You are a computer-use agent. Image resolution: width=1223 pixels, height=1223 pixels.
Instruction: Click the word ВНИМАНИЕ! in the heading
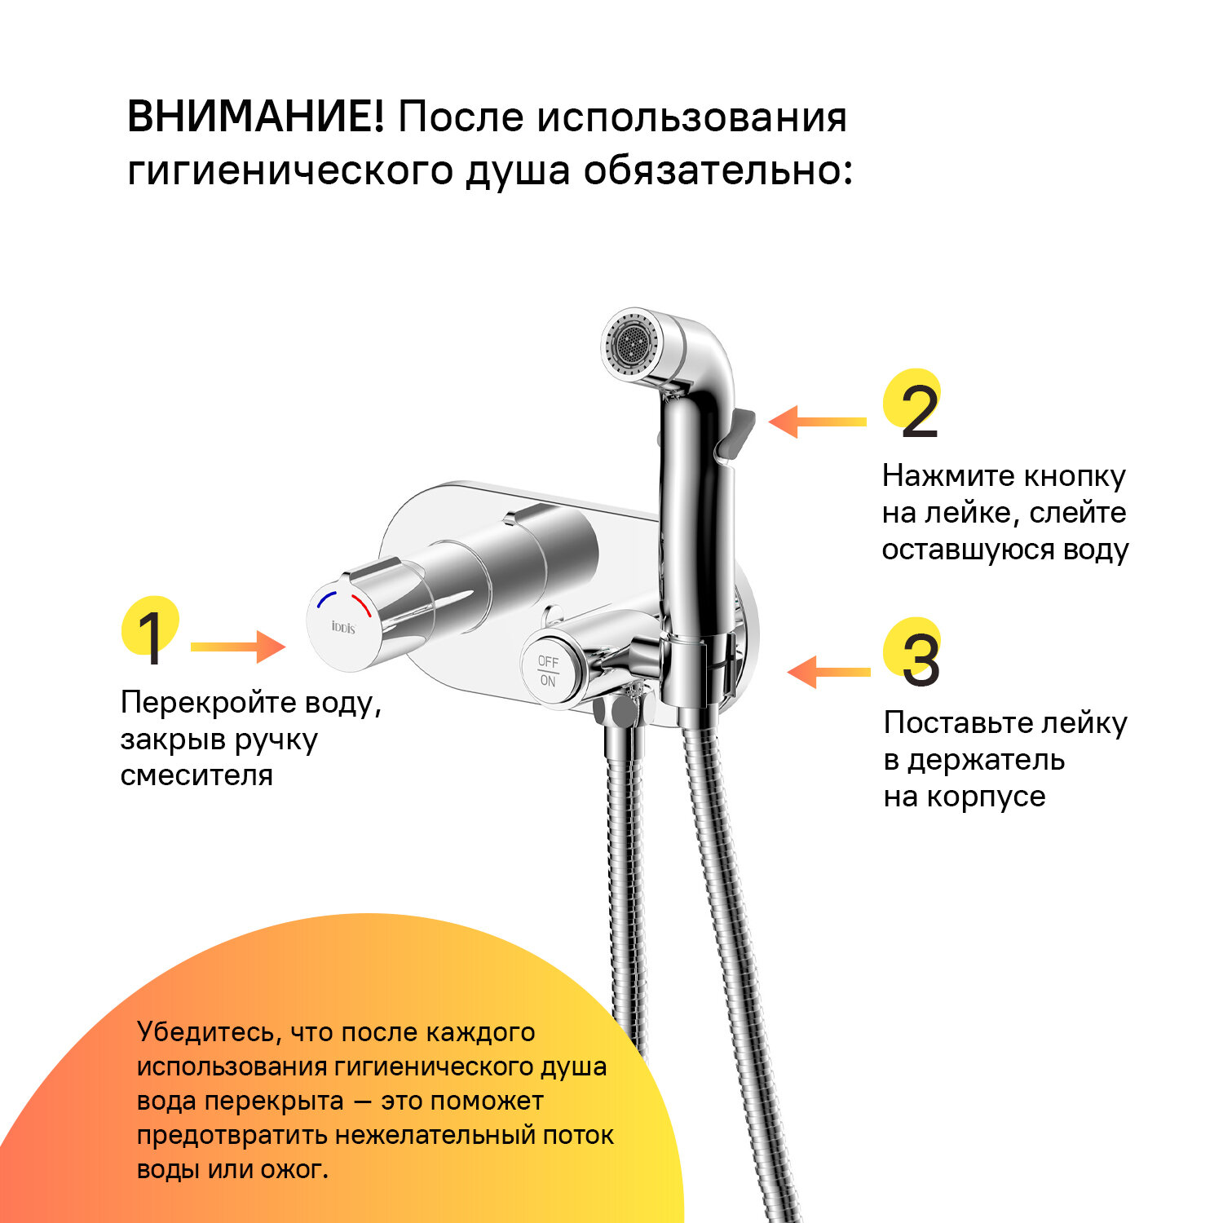[x=255, y=117]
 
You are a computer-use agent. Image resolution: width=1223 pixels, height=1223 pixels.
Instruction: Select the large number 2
[x=919, y=413]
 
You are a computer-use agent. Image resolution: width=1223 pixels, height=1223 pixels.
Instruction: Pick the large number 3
[x=921, y=661]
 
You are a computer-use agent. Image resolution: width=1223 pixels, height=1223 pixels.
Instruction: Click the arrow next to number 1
[x=237, y=647]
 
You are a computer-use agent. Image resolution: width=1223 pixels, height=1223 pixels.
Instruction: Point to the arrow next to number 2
[x=817, y=422]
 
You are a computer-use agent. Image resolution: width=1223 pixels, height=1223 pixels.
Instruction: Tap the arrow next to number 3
[x=828, y=672]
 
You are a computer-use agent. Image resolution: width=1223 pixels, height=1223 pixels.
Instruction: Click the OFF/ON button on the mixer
[x=548, y=671]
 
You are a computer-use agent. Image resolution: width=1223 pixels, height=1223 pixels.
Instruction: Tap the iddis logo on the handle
[x=343, y=627]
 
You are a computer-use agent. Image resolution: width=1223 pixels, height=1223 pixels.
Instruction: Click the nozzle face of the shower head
[x=629, y=340]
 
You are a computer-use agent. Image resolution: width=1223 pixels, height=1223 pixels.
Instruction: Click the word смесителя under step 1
[x=196, y=775]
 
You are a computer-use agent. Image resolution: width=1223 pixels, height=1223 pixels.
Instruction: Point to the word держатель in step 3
[x=986, y=760]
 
